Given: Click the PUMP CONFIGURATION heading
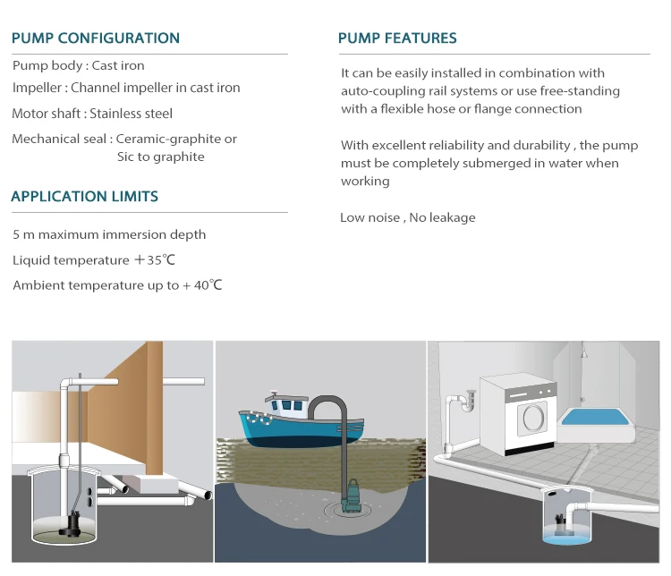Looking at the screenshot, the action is pos(96,38).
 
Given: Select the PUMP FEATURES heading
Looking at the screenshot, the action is pos(397,38).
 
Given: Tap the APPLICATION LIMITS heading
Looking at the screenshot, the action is pos(85,197).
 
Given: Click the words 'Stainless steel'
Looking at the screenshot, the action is pos(131,114).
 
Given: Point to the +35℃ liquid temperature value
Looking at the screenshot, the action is pos(155,259).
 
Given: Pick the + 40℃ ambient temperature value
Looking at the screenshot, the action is pos(202,285).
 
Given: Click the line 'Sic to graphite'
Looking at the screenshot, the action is pos(161,157).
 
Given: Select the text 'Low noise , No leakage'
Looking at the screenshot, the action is pos(408,217).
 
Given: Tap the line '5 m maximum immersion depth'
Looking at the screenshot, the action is pos(109,234).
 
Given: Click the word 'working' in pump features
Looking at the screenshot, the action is pos(365,182).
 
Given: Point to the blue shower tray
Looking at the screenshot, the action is pos(595,417).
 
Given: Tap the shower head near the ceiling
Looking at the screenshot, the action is pos(583,353).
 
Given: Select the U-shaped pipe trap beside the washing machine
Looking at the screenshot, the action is pos(468,402).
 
